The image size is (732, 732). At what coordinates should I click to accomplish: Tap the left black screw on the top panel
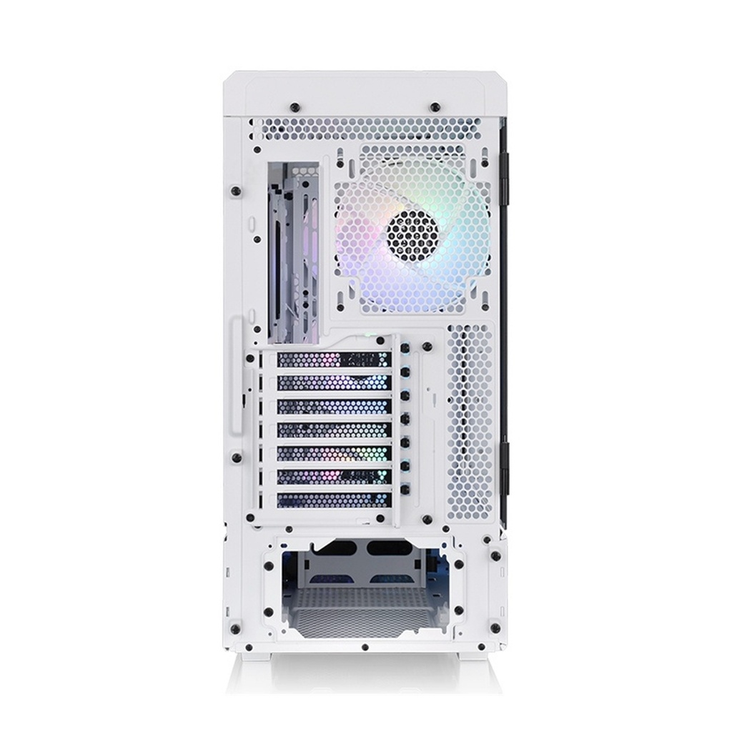click(x=295, y=107)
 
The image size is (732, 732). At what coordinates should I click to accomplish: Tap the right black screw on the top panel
click(x=435, y=107)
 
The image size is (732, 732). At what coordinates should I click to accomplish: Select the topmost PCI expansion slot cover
click(x=333, y=360)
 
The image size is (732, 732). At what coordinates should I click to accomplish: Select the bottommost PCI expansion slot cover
click(x=333, y=500)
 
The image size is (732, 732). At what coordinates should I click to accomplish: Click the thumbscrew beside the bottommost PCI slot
click(x=405, y=490)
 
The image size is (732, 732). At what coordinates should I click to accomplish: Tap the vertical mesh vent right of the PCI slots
click(x=471, y=422)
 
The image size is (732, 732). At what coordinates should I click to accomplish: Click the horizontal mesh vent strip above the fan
click(x=365, y=129)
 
